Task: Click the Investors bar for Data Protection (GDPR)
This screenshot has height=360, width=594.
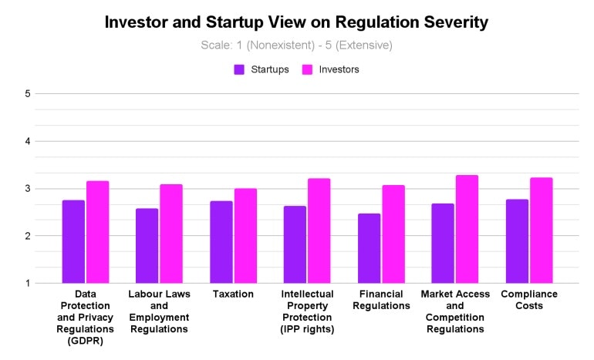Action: coord(97,232)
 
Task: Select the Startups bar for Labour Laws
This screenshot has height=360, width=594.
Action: coord(147,246)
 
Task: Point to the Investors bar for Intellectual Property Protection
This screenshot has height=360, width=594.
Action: coord(319,230)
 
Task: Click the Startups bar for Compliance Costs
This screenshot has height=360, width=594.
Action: coord(517,241)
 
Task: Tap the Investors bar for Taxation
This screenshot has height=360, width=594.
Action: coord(245,236)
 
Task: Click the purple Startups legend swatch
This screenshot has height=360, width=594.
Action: coord(239,69)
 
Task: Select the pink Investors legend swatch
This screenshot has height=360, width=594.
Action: coord(306,69)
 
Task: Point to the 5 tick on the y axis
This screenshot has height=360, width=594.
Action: coord(27,94)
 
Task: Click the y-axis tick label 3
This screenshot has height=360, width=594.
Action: coord(27,189)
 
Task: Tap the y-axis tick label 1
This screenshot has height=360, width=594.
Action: coord(27,283)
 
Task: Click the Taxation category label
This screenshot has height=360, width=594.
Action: coord(233,294)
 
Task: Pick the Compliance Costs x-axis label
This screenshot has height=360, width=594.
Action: coord(529,300)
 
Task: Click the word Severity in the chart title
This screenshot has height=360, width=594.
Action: coord(449,22)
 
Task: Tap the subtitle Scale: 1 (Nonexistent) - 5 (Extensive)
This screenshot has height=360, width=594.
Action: coord(297,45)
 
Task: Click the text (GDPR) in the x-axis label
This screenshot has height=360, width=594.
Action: coord(86,341)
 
